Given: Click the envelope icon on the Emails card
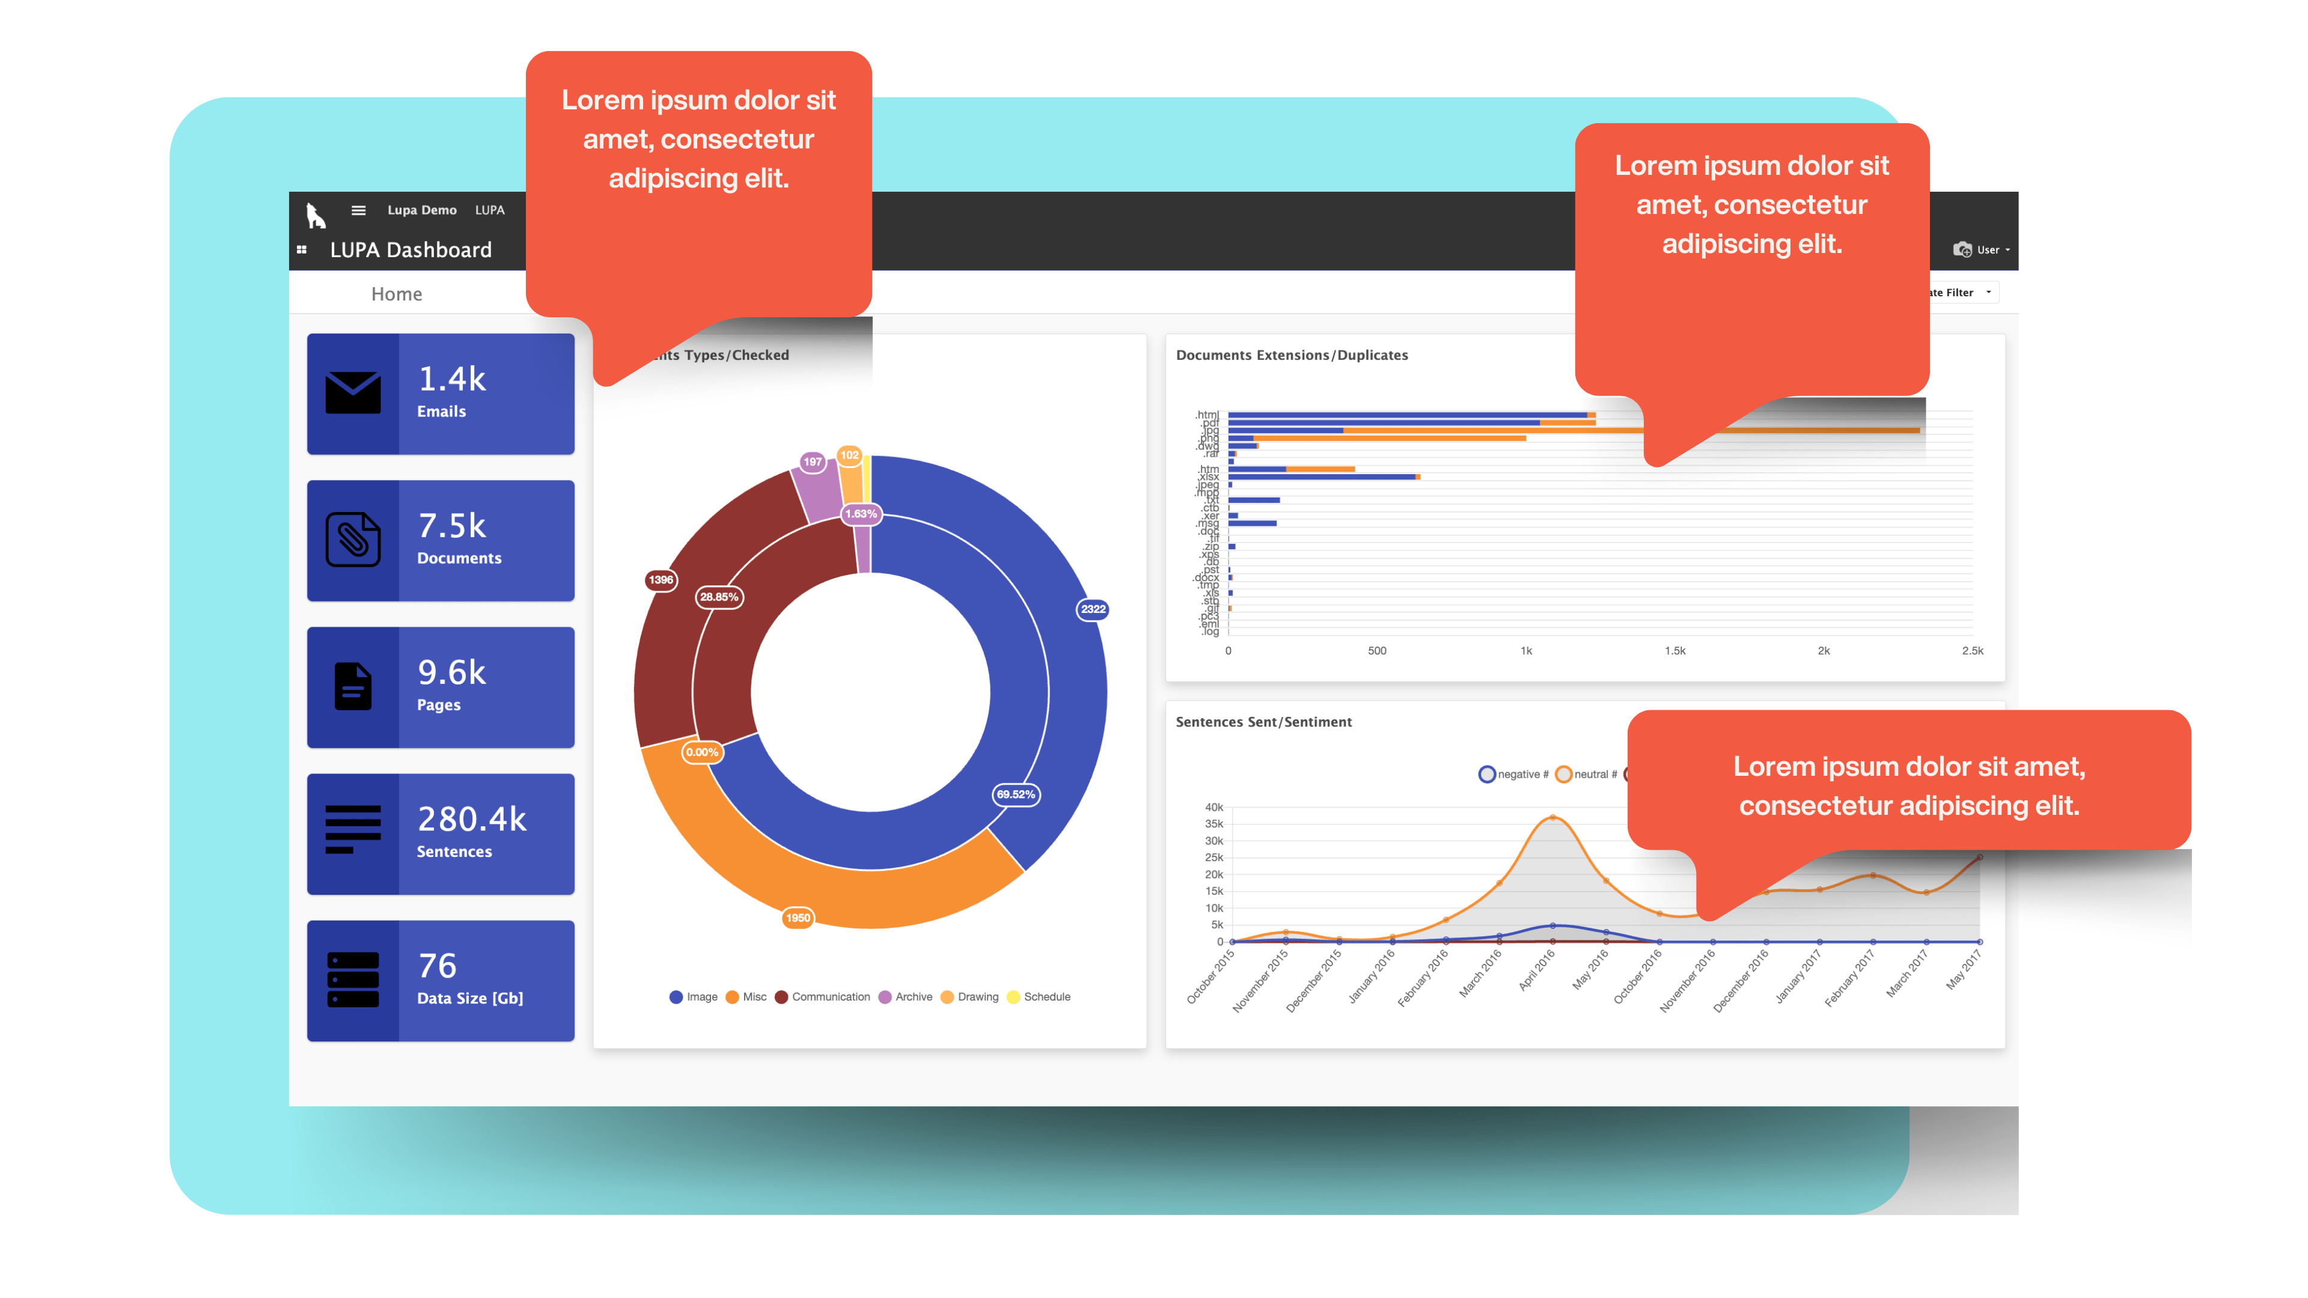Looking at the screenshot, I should [x=353, y=392].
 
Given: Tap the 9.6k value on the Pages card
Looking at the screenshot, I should [x=451, y=673].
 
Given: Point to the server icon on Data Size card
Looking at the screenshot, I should [x=353, y=980].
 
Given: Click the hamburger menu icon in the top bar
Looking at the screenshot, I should [x=358, y=210].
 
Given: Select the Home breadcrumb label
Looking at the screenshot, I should [x=396, y=294].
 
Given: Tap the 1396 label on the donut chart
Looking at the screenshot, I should [x=661, y=579].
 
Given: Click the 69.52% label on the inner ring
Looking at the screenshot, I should [x=1016, y=794].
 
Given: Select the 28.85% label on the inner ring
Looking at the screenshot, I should [x=719, y=597].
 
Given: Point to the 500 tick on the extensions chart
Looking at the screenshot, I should [x=1377, y=651].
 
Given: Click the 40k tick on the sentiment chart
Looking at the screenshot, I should [x=1214, y=807].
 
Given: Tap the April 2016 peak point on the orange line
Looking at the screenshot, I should [x=1552, y=817].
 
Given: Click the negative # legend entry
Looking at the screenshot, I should [x=1513, y=774].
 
